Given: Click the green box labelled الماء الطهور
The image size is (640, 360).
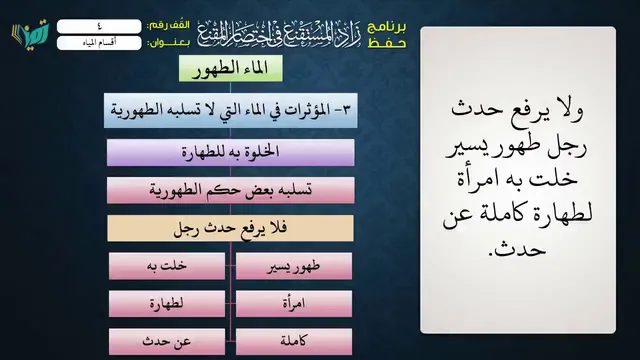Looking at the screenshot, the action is coord(231,68).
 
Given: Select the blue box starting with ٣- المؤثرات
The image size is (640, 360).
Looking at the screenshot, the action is coord(231,110).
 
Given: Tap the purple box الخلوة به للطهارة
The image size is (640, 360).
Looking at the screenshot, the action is coord(231,152).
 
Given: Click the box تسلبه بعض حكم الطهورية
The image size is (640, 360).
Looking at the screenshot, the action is coord(231,190).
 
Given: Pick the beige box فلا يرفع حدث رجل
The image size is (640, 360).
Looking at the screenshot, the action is coord(231,228).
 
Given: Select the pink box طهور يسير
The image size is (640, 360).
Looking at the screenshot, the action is coord(294,266).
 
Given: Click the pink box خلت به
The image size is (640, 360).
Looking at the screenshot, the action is coord(167,266).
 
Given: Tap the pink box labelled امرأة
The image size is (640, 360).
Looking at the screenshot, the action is coord(294,304).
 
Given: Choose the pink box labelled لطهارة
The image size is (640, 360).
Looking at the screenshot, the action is coord(167,304).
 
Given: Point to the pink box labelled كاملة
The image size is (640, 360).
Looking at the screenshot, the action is coord(294,342).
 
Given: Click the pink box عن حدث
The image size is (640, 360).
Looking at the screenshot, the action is coord(167,342).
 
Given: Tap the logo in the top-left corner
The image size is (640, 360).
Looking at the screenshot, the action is coord(31,33).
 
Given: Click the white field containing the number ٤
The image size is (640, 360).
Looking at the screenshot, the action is coord(99,27).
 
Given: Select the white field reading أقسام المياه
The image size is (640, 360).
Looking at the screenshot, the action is coord(99,43).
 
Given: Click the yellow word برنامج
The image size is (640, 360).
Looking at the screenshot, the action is coord(387,28).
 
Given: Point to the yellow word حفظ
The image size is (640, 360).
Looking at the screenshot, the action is coord(387,42).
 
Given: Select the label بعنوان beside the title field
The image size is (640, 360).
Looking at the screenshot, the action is coord(168,43).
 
